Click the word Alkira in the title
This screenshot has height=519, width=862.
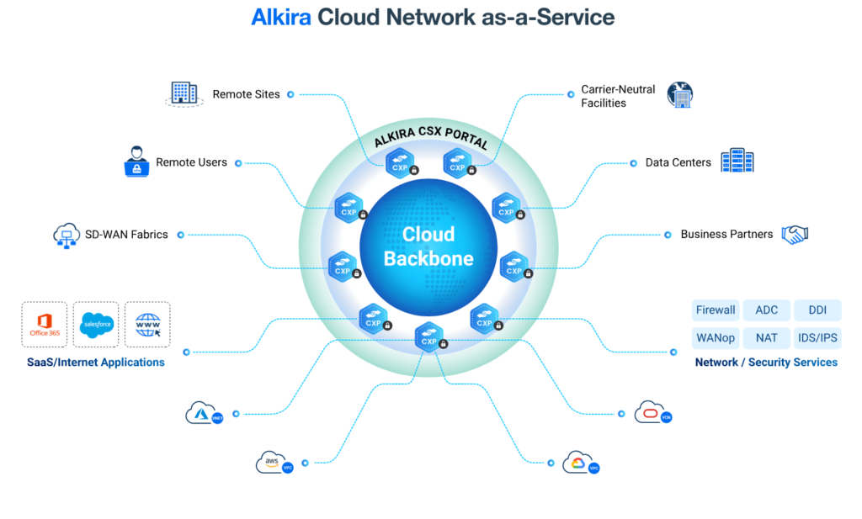(x=281, y=18)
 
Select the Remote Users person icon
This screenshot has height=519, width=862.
(x=136, y=162)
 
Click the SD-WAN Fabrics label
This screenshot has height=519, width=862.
(x=126, y=234)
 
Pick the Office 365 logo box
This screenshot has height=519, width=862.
(x=45, y=325)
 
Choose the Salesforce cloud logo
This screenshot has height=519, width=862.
(x=95, y=325)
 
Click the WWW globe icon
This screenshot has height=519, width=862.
(x=147, y=325)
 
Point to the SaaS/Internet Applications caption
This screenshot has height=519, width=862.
(x=96, y=363)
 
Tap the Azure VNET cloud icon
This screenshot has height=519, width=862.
(x=203, y=413)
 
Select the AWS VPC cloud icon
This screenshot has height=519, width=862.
(x=273, y=462)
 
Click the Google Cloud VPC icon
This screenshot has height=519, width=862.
(x=580, y=462)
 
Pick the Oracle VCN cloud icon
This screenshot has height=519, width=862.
(x=651, y=412)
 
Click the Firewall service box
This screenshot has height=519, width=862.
(x=716, y=310)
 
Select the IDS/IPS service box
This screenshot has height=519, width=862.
(x=817, y=338)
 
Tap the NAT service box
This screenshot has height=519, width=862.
(x=766, y=338)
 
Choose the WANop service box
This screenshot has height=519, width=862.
(x=716, y=338)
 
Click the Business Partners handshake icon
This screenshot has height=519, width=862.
(x=794, y=234)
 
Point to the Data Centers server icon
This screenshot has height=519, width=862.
(x=737, y=161)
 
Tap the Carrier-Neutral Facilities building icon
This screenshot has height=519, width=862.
(x=678, y=94)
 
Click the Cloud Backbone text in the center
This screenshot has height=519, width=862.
(x=428, y=246)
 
